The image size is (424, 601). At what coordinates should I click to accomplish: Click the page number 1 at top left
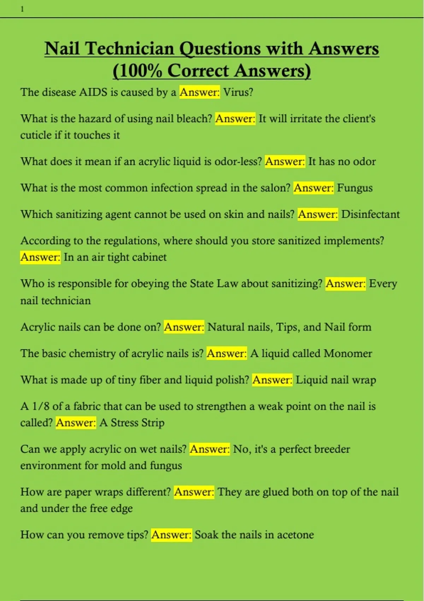click(x=22, y=10)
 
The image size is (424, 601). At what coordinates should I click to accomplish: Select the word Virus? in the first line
click(x=238, y=92)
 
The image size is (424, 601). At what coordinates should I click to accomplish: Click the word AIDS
click(x=93, y=92)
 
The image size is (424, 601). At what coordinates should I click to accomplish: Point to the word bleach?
click(x=194, y=119)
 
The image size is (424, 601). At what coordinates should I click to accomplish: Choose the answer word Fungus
click(x=355, y=188)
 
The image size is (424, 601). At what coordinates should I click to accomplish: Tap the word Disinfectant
click(x=371, y=214)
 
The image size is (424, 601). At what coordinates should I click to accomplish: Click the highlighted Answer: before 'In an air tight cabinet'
click(x=40, y=257)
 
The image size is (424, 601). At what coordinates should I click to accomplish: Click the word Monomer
click(x=348, y=354)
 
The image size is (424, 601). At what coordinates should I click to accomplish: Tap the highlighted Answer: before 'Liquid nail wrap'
click(x=272, y=380)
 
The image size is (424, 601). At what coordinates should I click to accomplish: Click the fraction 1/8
click(x=41, y=407)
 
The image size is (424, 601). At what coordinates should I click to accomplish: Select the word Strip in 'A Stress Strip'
click(x=153, y=423)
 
